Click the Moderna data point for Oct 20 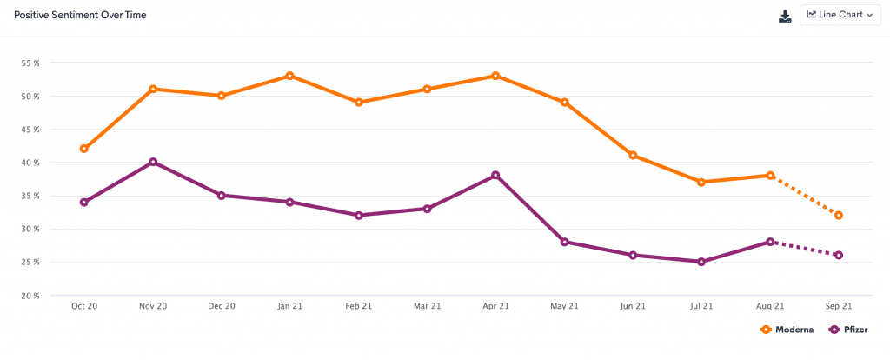[84, 149]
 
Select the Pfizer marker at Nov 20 [153, 162]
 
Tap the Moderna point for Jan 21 [289, 76]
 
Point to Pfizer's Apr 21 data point [495, 175]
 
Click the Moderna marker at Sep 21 [839, 215]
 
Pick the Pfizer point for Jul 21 [701, 262]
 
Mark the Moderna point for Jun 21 [633, 156]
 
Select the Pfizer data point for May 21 [564, 242]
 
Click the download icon [785, 16]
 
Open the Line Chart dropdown [839, 16]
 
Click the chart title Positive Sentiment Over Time [80, 16]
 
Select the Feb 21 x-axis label [358, 306]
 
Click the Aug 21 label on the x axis [770, 306]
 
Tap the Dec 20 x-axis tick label [221, 306]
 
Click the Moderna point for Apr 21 [495, 76]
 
